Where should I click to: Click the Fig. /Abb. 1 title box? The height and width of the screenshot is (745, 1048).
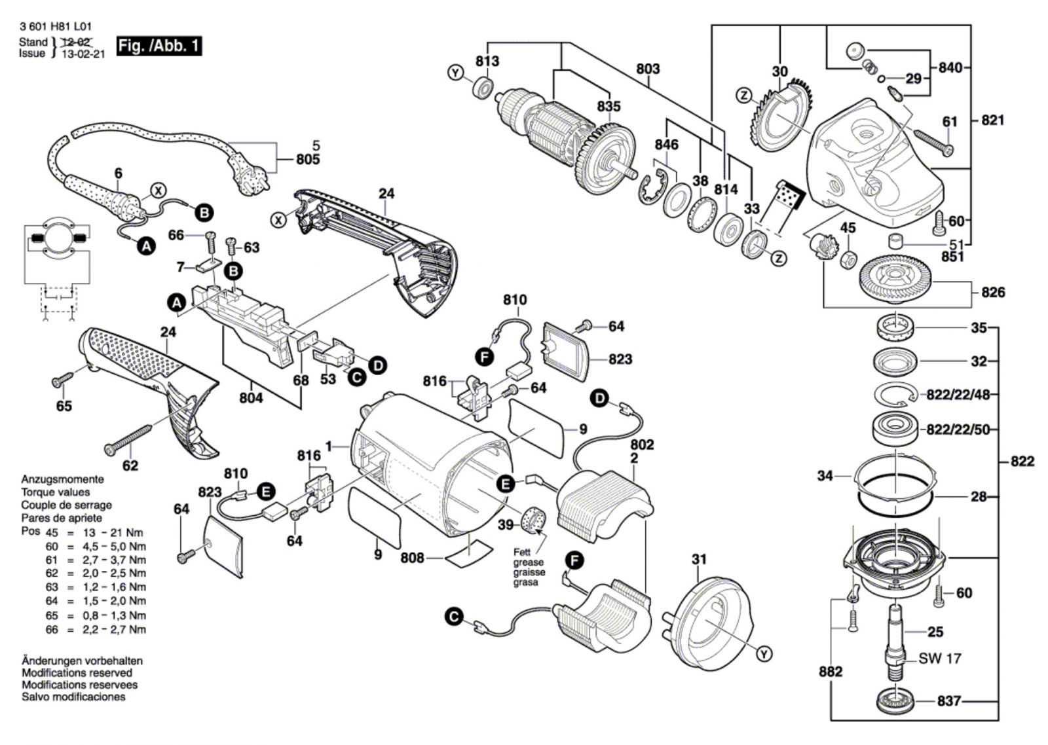point(159,46)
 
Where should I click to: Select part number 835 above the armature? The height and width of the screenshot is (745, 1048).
point(608,106)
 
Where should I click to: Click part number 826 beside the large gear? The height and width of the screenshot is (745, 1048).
point(992,292)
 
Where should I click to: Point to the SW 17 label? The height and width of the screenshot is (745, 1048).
point(940,658)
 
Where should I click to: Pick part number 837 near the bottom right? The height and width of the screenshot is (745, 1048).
point(948,701)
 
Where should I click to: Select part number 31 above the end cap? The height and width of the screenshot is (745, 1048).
point(700,559)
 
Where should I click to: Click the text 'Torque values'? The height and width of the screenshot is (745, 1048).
point(56,492)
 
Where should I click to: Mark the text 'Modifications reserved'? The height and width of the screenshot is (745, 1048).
point(77,673)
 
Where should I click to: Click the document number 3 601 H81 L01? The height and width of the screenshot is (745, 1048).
point(56,27)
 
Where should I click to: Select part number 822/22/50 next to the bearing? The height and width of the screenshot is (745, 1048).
point(958,429)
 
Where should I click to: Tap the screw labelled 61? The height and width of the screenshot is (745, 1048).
point(933,143)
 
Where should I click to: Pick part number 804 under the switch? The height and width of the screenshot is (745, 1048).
point(251,397)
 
